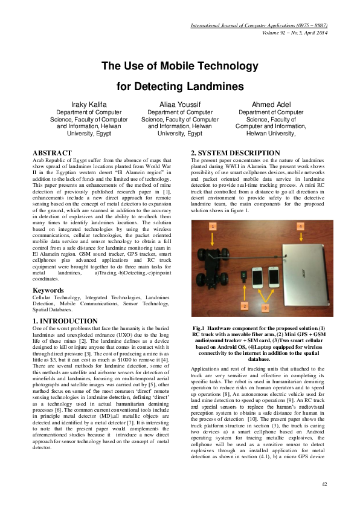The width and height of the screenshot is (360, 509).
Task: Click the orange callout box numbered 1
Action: pyautogui.click(x=213, y=226)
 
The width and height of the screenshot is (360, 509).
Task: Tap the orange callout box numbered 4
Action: pyautogui.click(x=300, y=226)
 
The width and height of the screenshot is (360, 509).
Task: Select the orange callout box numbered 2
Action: pyautogui.click(x=244, y=306)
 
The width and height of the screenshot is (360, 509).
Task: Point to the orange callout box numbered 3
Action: pyautogui.click(x=265, y=308)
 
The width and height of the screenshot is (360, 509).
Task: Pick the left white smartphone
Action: pyautogui.click(x=257, y=277)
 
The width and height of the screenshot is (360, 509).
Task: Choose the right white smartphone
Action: pyautogui.click(x=274, y=277)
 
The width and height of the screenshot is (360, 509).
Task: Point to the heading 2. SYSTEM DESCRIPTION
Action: pyautogui.click(x=227, y=152)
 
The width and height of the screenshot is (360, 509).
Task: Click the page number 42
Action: pyautogui.click(x=323, y=484)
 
